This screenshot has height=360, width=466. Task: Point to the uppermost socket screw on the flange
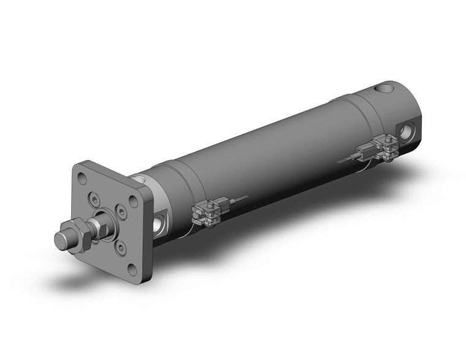point(93,198)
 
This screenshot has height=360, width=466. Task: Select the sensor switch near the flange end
point(206,212)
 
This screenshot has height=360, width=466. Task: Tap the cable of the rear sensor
point(346,158)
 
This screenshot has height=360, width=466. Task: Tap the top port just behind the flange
point(141,179)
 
